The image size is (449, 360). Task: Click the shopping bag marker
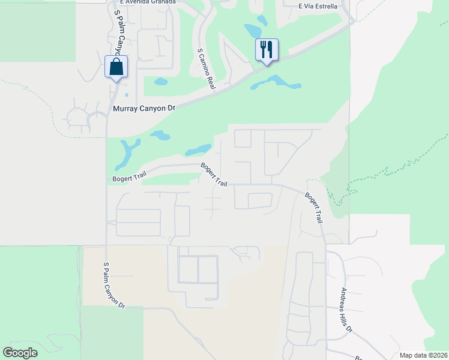point(116,67)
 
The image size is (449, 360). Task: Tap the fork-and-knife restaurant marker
point(267,50)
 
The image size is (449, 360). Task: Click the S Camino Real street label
point(206,69)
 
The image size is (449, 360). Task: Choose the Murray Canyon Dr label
point(143,109)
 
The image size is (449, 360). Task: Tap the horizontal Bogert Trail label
point(129,178)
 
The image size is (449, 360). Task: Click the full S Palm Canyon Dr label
point(113,285)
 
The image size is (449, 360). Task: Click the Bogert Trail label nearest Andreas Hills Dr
point(313,208)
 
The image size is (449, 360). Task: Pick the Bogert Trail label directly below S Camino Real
point(214,174)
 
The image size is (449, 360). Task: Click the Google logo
point(20,352)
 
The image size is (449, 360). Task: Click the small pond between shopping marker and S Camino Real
point(161,81)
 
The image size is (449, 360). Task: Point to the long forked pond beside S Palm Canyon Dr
point(128,153)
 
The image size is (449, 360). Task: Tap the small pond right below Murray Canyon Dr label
point(160,135)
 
